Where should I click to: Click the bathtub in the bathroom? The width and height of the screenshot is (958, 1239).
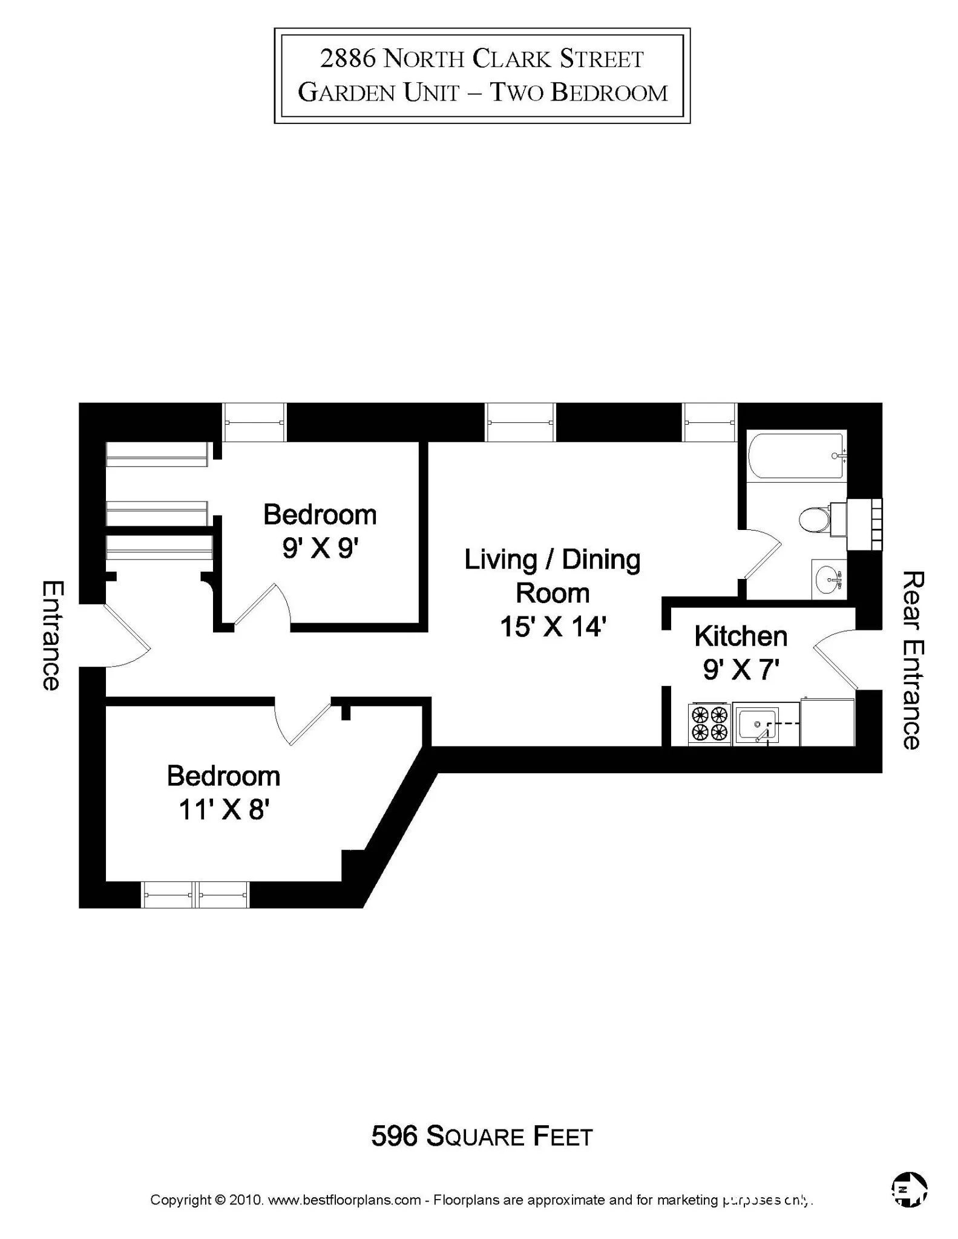(796, 455)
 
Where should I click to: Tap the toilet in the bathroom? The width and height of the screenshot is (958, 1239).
(815, 519)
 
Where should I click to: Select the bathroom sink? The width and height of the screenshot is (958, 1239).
(828, 579)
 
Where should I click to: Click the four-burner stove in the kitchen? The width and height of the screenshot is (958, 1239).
(709, 724)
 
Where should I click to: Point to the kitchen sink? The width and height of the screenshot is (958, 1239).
(757, 724)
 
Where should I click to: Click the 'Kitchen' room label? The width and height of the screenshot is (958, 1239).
(741, 636)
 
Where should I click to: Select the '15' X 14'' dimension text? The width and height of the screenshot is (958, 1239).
(553, 627)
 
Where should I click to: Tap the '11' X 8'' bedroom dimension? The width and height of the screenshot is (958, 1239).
(223, 809)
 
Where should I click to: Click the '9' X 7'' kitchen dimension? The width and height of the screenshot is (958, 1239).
(741, 670)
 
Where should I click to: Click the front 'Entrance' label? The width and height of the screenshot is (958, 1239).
(52, 635)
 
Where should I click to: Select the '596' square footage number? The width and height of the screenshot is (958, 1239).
(395, 1136)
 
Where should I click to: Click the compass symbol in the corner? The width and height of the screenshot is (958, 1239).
(909, 1189)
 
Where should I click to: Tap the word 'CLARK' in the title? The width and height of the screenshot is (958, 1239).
(512, 59)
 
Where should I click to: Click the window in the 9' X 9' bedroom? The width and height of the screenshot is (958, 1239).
(254, 422)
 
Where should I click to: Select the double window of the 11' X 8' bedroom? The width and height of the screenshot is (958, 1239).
(195, 895)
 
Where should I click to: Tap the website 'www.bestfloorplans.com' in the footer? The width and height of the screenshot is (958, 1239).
(344, 1200)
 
